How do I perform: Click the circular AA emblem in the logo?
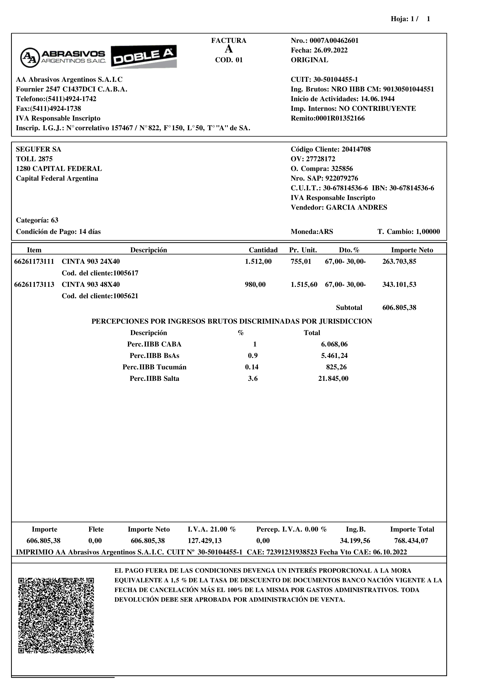tap(30, 57)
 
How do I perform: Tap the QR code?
tap(56, 615)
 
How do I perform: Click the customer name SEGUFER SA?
tap(39, 149)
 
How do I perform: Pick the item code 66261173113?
tap(34, 285)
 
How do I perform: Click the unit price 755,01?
tap(301, 261)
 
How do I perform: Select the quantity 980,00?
tap(255, 285)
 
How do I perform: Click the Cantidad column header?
tap(263, 250)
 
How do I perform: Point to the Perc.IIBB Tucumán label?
tap(154, 367)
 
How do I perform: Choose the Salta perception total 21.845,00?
tap(333, 378)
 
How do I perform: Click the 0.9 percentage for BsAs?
tap(253, 356)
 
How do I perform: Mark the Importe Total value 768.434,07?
tap(411, 541)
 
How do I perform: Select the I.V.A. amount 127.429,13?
tap(204, 541)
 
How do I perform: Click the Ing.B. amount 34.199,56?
tap(355, 541)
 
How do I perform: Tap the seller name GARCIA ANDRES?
tap(356, 208)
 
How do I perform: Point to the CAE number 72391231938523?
tap(292, 552)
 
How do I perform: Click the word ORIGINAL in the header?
tap(309, 60)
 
